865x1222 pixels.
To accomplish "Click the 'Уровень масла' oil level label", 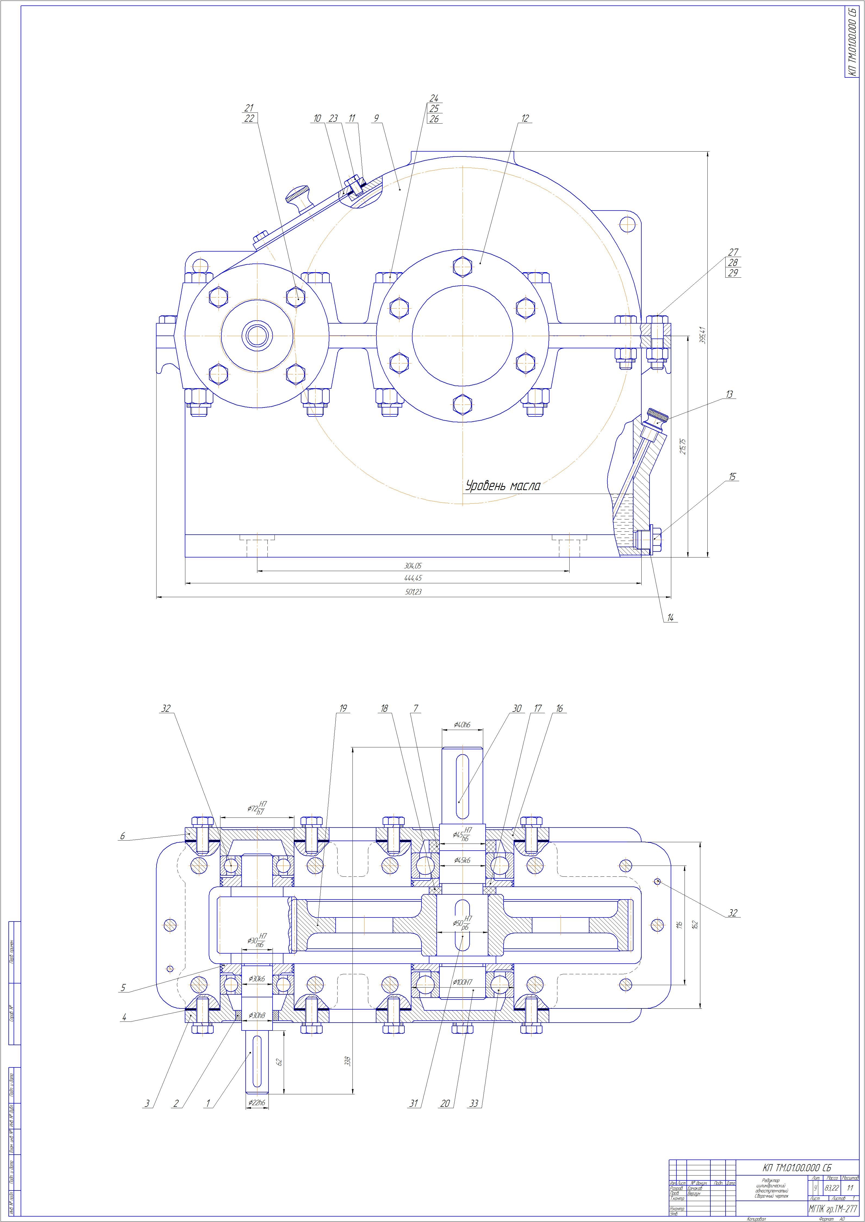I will [503, 485].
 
